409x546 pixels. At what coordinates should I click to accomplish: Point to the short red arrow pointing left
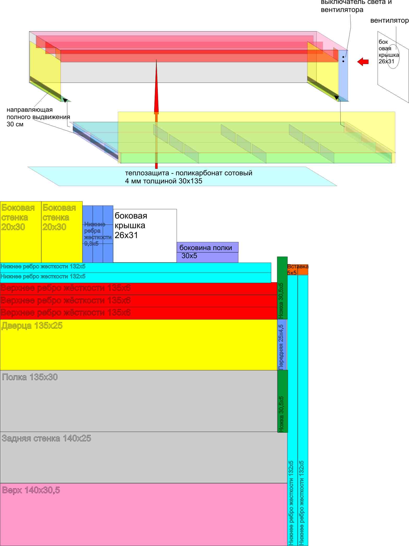point(363,62)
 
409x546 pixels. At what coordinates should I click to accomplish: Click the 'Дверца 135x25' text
point(32,326)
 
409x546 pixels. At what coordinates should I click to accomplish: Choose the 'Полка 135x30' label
point(30,377)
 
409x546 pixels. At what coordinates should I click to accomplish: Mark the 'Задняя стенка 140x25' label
point(46,438)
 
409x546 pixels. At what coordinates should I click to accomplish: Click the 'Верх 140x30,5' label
point(31,490)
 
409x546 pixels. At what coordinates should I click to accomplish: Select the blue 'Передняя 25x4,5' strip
point(282,344)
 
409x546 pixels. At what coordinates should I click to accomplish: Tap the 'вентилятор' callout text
point(389,21)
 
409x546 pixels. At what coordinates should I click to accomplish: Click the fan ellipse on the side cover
point(393,56)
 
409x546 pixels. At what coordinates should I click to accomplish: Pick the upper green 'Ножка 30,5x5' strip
point(282,288)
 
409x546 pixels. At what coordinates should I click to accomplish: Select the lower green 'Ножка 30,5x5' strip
point(282,401)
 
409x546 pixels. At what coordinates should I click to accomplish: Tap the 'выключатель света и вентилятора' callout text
point(356,6)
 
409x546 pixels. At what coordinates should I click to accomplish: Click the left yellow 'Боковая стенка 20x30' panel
point(21,232)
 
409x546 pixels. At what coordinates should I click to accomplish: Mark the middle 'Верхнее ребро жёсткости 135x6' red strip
point(138,301)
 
